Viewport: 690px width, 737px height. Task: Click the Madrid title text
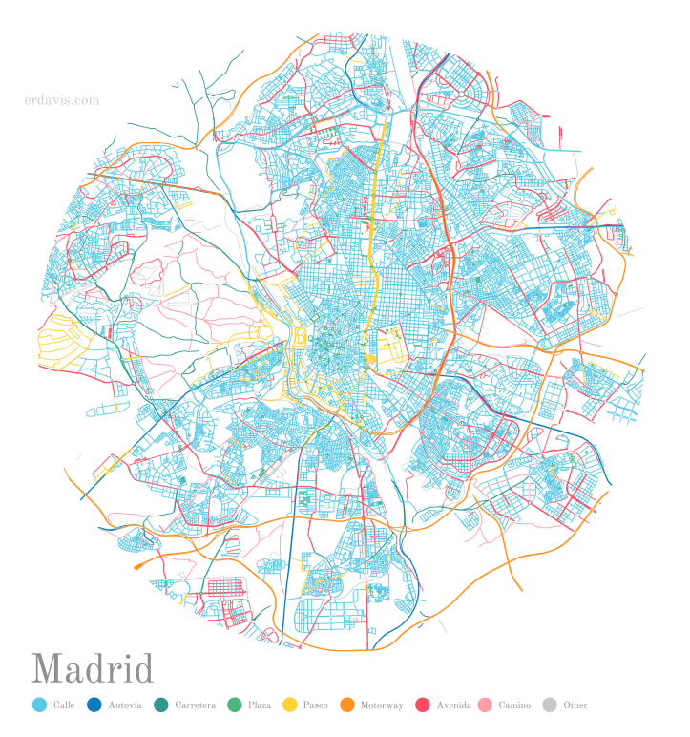[93, 669]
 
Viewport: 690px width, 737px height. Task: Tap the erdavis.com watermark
[62, 99]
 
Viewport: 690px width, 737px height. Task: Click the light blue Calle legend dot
[39, 705]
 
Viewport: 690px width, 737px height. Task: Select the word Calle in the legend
[65, 705]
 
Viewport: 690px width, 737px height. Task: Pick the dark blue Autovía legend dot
[94, 705]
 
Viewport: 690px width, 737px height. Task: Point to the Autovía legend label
[125, 705]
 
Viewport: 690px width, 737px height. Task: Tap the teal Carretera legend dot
[160, 705]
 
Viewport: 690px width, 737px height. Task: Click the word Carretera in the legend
[195, 705]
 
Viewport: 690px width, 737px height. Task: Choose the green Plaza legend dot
[234, 705]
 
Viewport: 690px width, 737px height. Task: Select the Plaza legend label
[260, 705]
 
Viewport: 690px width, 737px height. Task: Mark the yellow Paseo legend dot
[289, 705]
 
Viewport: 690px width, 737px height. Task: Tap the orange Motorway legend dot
[346, 705]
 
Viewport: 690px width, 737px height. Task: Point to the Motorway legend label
[382, 705]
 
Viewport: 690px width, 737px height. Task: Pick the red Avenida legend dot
[422, 705]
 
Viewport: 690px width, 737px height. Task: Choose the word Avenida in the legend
[453, 705]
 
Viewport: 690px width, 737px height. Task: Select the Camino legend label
[514, 705]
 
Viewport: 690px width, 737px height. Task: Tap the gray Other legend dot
[549, 705]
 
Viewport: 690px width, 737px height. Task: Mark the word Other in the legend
[575, 705]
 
